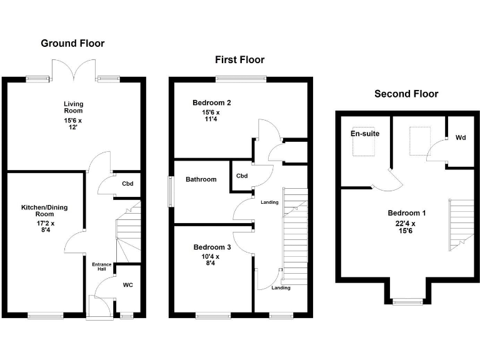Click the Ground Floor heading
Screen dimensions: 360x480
click(x=72, y=43)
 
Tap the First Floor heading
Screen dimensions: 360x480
click(x=239, y=60)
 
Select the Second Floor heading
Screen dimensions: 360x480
click(x=406, y=94)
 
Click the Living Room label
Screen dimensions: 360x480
click(x=73, y=107)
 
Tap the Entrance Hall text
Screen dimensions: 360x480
click(x=102, y=267)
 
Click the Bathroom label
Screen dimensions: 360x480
click(x=201, y=179)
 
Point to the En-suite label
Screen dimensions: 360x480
click(x=365, y=134)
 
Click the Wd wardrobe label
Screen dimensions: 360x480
click(x=461, y=137)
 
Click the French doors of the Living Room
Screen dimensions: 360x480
click(x=74, y=71)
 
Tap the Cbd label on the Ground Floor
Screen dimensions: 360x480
click(x=127, y=184)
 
